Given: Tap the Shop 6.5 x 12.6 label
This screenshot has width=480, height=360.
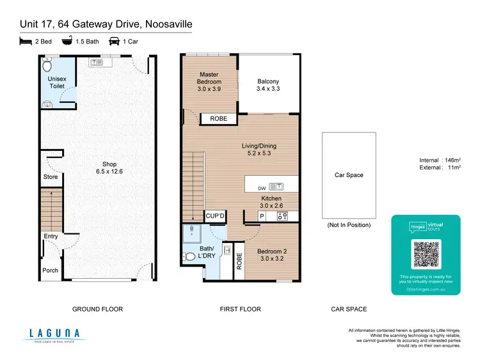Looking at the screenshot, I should [x=109, y=168].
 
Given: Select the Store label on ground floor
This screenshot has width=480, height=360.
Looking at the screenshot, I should [x=51, y=177].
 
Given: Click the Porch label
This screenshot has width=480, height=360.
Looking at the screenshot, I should [x=51, y=270].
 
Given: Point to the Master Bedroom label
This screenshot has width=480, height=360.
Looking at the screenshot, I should [x=209, y=78].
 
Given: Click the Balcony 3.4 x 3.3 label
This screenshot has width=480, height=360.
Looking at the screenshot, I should [x=268, y=86].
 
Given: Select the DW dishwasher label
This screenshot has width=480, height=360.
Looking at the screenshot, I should [x=260, y=187].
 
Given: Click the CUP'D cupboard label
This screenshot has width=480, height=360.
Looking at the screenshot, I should [x=214, y=215].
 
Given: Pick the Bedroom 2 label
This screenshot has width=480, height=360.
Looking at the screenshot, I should [x=271, y=256].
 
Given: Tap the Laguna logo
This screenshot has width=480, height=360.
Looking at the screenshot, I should [x=54, y=334].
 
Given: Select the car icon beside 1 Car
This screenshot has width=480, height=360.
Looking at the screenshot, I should [x=115, y=41].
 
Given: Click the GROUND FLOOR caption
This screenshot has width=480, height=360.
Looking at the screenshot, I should [x=97, y=309].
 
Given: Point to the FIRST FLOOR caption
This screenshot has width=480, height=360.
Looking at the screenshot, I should [x=240, y=309].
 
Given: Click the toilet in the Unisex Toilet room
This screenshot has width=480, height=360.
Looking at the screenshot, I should [x=47, y=65].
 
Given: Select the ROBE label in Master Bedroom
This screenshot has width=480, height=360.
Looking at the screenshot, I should [x=218, y=119].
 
